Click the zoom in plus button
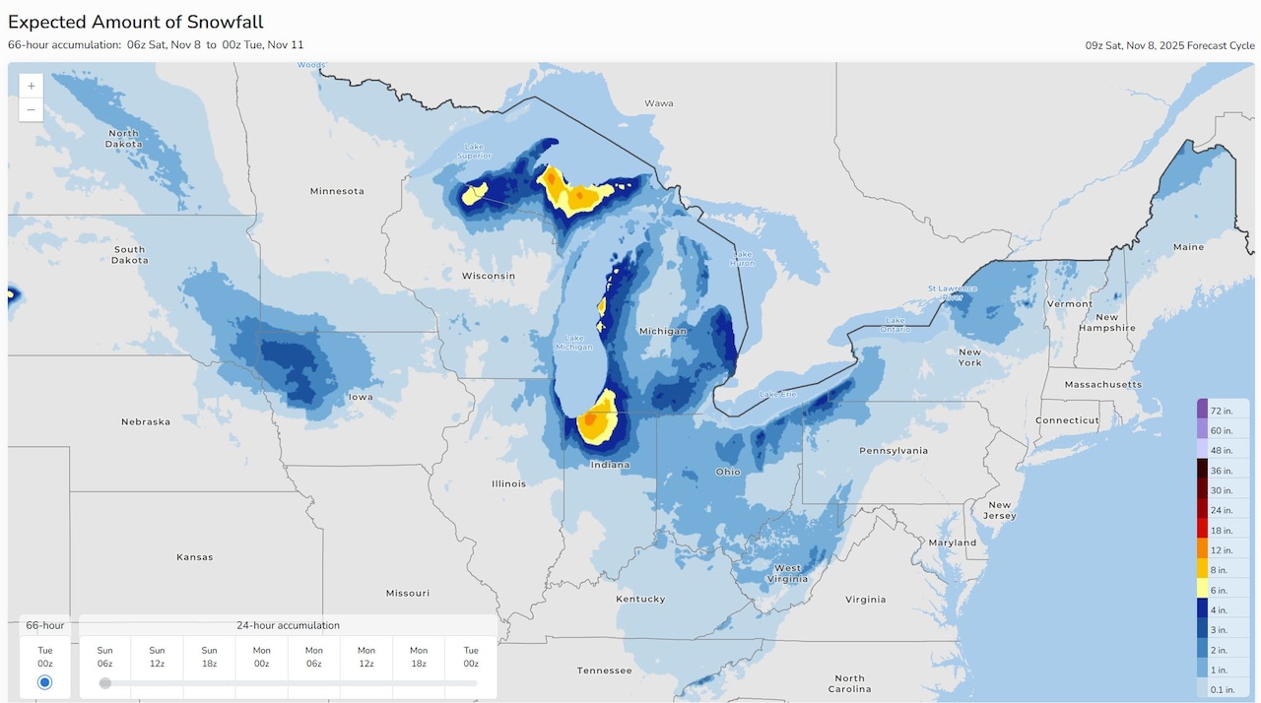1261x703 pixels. [32, 86]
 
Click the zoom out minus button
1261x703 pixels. [32, 109]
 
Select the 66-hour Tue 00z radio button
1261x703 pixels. [44, 682]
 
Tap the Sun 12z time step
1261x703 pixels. [157, 657]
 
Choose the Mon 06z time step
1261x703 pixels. [313, 657]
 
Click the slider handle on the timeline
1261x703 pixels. [105, 683]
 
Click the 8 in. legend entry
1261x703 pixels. [1221, 570]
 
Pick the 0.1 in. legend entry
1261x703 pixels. [1221, 690]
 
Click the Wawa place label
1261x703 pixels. [658, 103]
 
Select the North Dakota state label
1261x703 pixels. [124, 139]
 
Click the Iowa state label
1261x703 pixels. [361, 397]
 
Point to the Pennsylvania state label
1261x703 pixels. [894, 451]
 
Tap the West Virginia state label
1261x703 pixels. [788, 574]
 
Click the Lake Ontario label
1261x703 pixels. [895, 324]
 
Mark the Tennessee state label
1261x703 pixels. [604, 671]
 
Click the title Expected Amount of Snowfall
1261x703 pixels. [136, 22]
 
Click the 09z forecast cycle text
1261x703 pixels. [1169, 45]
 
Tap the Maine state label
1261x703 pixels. [1188, 247]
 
